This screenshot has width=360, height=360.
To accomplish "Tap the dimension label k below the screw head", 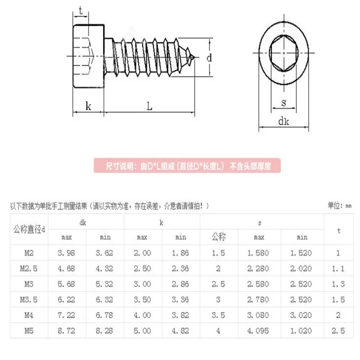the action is tap(88, 106).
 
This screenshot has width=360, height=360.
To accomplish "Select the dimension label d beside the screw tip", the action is tap(209, 58).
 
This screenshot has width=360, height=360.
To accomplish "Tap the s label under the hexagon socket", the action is tap(283, 102).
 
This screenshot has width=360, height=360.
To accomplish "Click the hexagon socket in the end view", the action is tap(283, 53).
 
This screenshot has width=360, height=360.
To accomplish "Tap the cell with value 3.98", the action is tap(67, 252).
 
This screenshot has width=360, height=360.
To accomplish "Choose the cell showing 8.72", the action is tap(67, 331).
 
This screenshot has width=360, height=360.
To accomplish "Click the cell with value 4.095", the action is tap(258, 331).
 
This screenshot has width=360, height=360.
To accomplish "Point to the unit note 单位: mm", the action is tap(339, 206).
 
